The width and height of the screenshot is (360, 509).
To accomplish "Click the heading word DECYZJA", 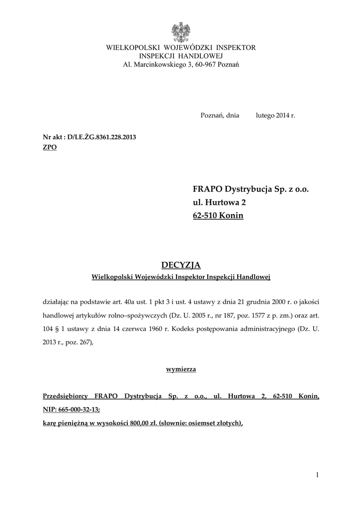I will coord(180,265).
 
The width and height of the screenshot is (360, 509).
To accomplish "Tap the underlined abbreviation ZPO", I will coord(50,148).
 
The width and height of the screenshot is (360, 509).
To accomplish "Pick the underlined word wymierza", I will coord(180,369).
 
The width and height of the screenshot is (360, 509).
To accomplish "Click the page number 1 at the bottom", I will coord(317,475).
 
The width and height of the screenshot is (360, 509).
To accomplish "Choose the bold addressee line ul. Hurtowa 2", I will coord(219,203).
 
